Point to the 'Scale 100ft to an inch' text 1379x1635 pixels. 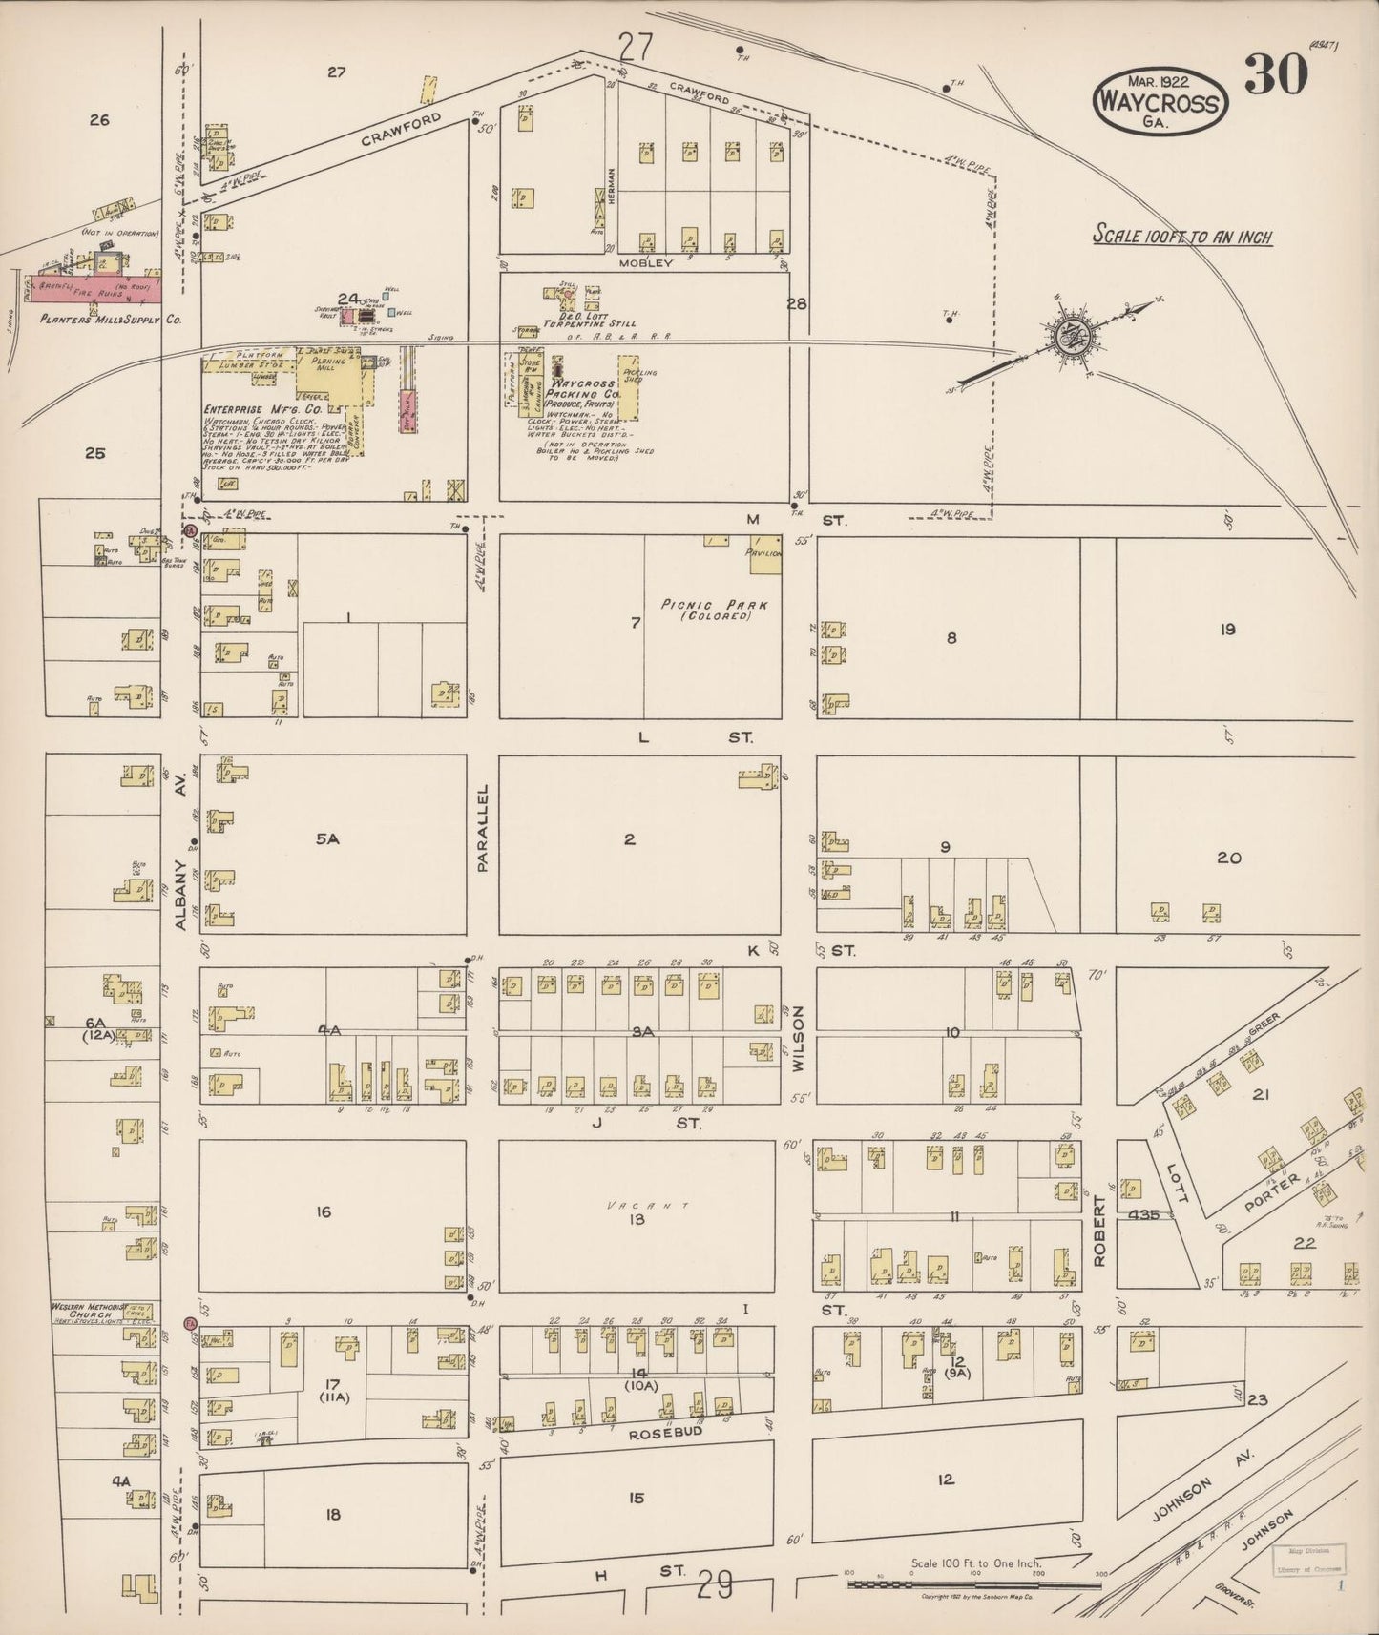(x=1182, y=237)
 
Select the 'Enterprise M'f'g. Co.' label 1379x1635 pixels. (x=245, y=409)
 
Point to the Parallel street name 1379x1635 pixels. (x=483, y=827)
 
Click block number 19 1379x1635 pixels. (x=1227, y=629)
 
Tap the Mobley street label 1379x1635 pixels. (x=645, y=262)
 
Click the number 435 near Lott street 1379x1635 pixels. (x=1142, y=1215)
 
